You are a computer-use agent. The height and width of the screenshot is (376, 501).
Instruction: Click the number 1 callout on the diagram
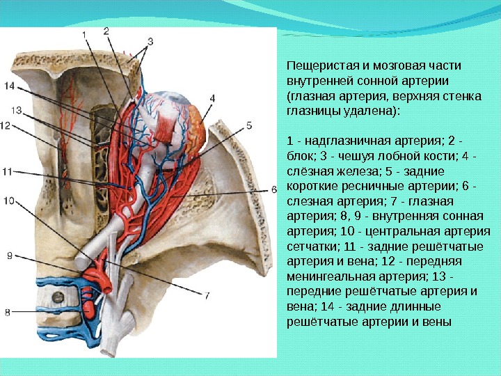84,33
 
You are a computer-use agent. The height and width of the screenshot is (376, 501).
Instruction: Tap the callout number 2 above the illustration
106,30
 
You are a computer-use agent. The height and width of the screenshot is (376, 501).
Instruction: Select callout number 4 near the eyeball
212,98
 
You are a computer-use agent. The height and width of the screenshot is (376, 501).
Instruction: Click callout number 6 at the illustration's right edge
273,189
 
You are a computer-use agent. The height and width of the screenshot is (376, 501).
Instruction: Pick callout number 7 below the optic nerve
207,295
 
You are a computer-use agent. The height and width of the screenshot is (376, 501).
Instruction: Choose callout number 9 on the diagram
10,256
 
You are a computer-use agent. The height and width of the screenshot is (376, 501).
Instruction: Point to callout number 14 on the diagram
8,86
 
